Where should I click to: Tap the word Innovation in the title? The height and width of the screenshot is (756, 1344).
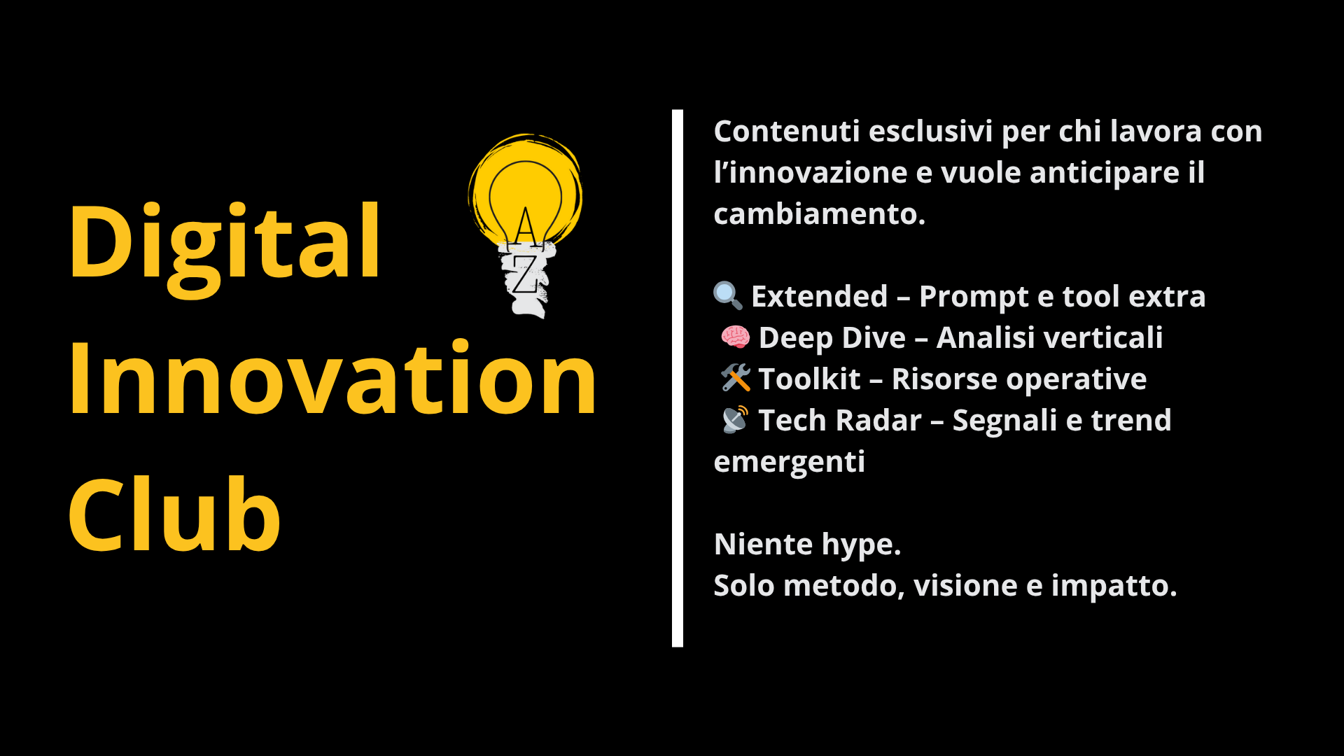[x=332, y=378]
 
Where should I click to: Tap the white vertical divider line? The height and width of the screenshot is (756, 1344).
[x=677, y=378]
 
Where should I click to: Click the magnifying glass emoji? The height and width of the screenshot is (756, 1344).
[x=728, y=296]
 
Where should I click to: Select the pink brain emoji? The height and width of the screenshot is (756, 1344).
[x=735, y=337]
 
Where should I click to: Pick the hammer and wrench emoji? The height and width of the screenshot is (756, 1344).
[x=736, y=378]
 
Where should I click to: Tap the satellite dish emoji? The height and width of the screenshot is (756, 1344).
[x=735, y=420]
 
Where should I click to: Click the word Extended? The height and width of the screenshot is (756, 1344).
[x=820, y=296]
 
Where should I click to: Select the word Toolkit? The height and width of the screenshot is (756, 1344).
[x=809, y=379]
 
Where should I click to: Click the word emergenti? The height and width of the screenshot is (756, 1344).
[x=790, y=463]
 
